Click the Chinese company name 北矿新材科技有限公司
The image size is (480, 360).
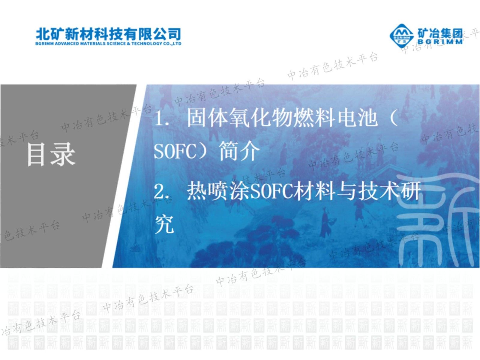pyautogui.click(x=109, y=34)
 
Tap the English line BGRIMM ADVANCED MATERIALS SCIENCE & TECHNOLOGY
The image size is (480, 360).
pyautogui.click(x=109, y=43)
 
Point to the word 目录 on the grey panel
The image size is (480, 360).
pyautogui.click(x=51, y=154)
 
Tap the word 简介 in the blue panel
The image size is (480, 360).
pyautogui.click(x=239, y=151)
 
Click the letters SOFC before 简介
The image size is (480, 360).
pyautogui.click(x=175, y=151)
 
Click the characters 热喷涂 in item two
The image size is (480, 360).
pyautogui.click(x=218, y=191)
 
